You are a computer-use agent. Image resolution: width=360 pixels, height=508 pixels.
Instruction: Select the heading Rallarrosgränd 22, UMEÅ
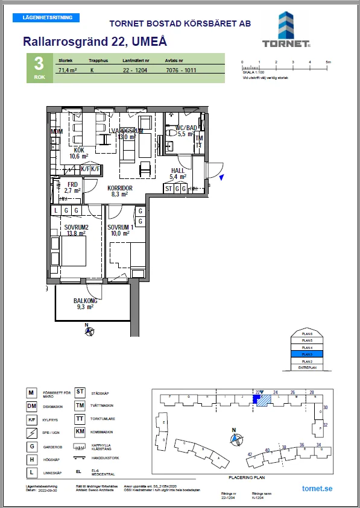[95, 42]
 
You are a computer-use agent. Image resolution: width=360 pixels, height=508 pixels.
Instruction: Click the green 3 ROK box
[39, 68]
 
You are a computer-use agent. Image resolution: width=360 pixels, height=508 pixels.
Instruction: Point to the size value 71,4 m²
[68, 70]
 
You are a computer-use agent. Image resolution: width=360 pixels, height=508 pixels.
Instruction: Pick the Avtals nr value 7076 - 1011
[183, 70]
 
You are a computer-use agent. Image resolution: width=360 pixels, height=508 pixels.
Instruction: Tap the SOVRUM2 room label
[78, 227]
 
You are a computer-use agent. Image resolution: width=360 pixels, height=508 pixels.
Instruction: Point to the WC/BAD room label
[188, 128]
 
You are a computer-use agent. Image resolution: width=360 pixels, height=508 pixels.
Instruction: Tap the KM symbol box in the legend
[79, 431]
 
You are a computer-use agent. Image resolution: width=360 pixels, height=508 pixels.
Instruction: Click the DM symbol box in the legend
[31, 407]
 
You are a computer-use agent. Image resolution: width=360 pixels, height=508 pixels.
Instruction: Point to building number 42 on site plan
[249, 454]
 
